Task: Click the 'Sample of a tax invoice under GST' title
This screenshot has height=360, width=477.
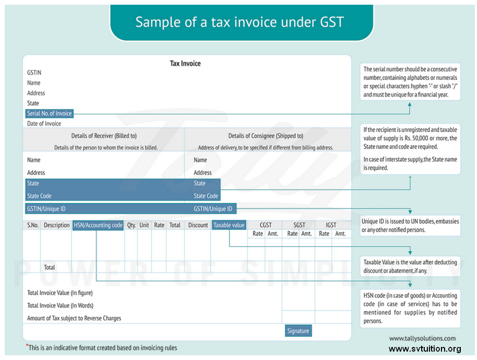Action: [x=240, y=22]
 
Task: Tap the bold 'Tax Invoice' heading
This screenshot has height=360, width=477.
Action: [x=185, y=63]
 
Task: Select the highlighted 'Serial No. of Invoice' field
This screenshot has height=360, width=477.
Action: [x=50, y=113]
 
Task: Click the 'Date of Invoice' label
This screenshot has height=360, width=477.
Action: [x=44, y=124]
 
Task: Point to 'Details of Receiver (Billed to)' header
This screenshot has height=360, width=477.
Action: [x=104, y=136]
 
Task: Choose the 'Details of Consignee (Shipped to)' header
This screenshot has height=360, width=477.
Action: [x=265, y=136]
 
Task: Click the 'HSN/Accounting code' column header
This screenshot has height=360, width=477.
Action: [x=98, y=225]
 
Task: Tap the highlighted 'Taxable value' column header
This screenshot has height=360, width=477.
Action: [x=229, y=225]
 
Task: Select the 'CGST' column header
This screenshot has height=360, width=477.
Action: [x=265, y=225]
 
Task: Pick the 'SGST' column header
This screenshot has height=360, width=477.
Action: [x=299, y=225]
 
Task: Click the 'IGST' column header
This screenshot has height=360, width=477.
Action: [x=331, y=225]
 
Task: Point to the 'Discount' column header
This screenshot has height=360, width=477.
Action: [x=198, y=225]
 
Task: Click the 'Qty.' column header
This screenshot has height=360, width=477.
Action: [x=131, y=225]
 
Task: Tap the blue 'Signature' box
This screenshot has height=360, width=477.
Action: [x=298, y=331]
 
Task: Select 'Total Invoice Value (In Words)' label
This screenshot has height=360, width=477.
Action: [x=60, y=306]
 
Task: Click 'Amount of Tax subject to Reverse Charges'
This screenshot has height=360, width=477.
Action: [x=74, y=318]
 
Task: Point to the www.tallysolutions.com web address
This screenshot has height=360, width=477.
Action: [x=422, y=339]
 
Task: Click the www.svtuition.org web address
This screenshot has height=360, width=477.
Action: [x=425, y=349]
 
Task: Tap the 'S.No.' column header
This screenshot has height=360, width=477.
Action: [x=33, y=225]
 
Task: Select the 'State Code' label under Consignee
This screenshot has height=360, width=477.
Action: [x=206, y=196]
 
